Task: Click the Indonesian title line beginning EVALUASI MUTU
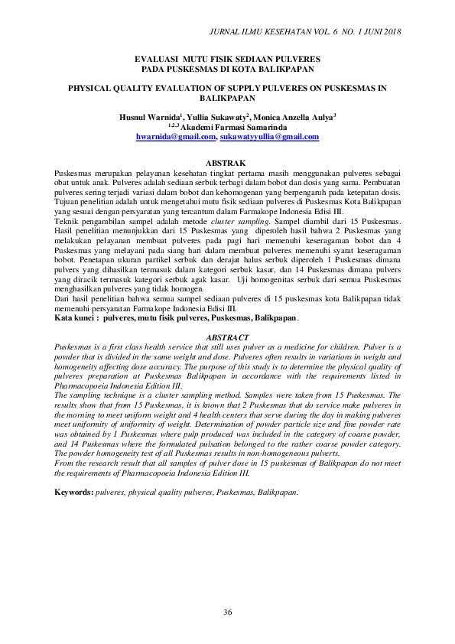(x=227, y=58)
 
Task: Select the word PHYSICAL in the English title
(x=96, y=88)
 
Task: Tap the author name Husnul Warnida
(x=148, y=118)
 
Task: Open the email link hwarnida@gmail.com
(x=176, y=136)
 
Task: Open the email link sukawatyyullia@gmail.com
(x=269, y=136)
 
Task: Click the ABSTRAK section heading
(x=227, y=163)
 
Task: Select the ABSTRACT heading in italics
(x=227, y=337)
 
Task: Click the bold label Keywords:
(x=73, y=491)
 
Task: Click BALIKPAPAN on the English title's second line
(x=227, y=99)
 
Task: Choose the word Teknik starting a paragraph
(x=67, y=220)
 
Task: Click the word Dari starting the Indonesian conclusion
(x=62, y=298)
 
